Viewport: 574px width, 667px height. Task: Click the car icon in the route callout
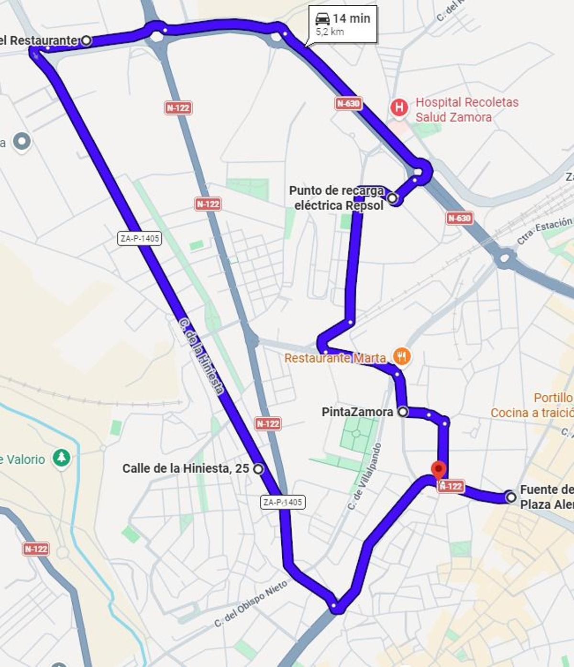click(322, 19)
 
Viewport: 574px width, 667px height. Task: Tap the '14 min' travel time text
click(352, 18)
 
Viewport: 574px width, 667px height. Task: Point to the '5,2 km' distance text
click(330, 32)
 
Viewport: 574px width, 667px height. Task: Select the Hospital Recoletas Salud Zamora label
click(453, 110)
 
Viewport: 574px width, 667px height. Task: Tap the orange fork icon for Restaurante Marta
click(402, 356)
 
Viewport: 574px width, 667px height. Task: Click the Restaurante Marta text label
click(335, 358)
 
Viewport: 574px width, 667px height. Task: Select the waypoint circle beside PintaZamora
click(403, 411)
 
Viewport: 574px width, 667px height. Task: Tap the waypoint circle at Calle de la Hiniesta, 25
click(258, 468)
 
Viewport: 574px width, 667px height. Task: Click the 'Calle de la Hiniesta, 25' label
click(186, 468)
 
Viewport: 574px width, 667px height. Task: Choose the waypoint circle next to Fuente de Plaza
click(511, 497)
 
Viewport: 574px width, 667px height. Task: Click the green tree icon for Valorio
click(61, 458)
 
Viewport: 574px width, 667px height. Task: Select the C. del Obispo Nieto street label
click(251, 604)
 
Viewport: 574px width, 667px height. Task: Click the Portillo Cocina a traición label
click(532, 405)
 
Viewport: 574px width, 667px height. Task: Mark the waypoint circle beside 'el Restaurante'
click(86, 40)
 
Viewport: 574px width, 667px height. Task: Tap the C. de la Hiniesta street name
click(201, 356)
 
